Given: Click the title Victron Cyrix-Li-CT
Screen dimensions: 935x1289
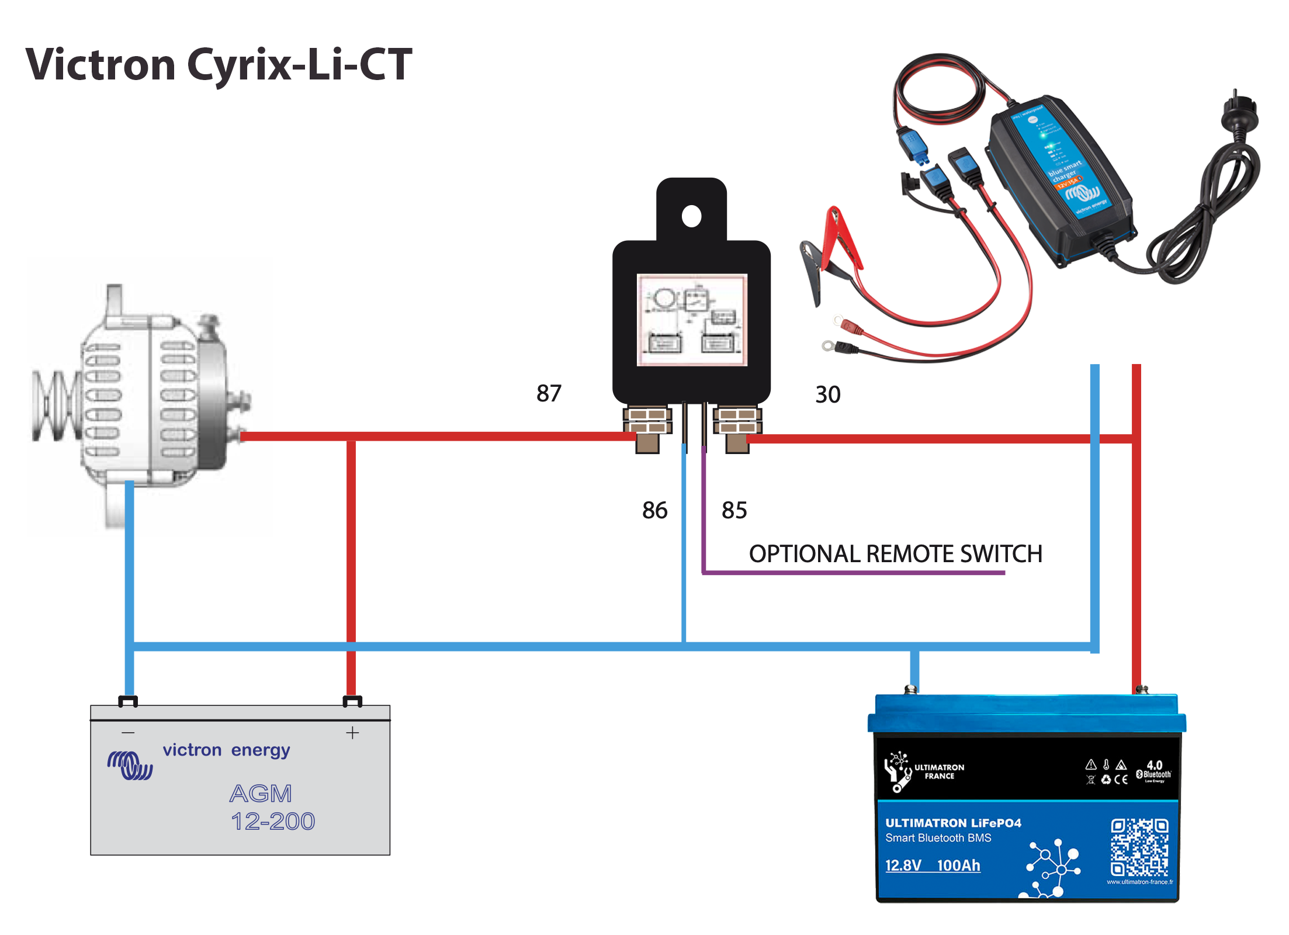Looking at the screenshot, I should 219,64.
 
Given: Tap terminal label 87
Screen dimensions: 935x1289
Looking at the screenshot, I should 549,393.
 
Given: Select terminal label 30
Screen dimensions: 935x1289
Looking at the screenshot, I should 827,394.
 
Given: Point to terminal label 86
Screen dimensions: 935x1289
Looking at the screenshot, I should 654,510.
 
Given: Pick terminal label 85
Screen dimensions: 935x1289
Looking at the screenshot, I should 734,510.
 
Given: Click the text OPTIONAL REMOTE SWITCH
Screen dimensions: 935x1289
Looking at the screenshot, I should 895,553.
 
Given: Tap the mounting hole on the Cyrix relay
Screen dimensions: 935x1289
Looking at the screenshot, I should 691,216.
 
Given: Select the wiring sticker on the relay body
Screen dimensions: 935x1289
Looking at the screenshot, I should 692,320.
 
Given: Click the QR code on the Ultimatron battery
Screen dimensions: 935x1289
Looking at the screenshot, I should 1139,847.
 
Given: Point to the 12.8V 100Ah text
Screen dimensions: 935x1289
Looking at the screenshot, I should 933,865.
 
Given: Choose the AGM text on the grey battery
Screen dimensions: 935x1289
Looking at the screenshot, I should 261,794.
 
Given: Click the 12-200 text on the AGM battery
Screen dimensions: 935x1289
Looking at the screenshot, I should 273,822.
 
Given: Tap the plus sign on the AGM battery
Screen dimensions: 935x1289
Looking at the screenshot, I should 352,733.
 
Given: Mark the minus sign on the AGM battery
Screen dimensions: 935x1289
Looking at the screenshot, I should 129,733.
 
